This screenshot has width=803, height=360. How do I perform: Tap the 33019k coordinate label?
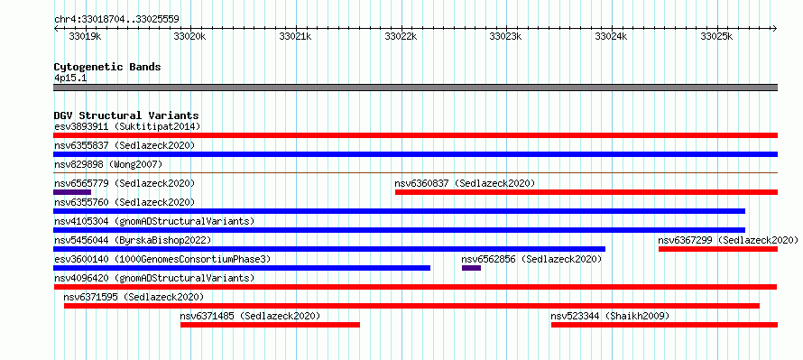85,37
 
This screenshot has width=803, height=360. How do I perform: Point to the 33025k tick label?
717,37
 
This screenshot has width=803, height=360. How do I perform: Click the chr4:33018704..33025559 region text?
116,20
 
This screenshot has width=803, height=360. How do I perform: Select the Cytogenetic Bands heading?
107,67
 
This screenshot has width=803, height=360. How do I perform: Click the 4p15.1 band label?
70,78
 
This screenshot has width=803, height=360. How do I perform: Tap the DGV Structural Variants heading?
126,115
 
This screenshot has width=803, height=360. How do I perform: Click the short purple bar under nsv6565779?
72,192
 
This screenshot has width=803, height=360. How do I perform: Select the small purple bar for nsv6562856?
471,268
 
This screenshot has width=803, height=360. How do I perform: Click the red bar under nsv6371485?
270,325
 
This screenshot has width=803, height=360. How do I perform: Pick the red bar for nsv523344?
664,325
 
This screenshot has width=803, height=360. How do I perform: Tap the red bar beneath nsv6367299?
718,249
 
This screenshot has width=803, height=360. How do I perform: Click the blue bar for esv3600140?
242,268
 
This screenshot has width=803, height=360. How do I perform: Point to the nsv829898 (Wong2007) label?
108,164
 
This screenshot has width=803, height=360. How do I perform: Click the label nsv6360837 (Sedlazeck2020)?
465,183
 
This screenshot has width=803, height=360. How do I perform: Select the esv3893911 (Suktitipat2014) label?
127,126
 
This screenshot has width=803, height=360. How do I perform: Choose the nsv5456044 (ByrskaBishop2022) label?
133,240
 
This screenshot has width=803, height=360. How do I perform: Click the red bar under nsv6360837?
586,192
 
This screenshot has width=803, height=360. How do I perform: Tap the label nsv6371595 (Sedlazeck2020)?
134,297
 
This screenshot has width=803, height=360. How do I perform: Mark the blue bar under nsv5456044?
329,249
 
